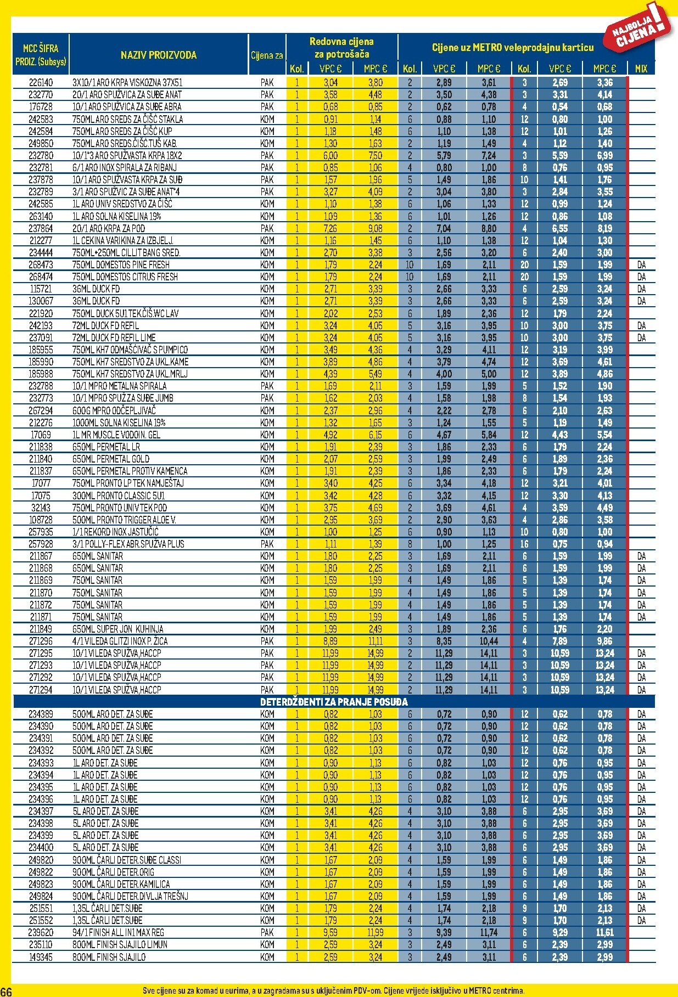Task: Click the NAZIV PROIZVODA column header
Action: coord(159,55)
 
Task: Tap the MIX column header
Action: coord(641,69)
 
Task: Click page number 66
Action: coord(6,990)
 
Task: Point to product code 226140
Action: coord(41,83)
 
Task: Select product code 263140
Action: coord(41,217)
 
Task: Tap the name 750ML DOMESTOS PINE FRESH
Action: coord(121,265)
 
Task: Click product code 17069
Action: coord(41,435)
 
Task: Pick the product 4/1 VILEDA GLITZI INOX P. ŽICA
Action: coord(120,641)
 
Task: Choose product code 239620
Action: coord(41,933)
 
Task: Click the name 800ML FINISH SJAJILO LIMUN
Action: coord(120,945)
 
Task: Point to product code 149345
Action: coord(41,957)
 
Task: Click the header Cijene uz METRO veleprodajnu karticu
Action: coord(512,48)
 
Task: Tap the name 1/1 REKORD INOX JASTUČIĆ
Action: coord(115,532)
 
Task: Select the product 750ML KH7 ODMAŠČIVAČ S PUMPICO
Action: coord(130,350)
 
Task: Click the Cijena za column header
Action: coord(267,55)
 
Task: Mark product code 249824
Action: coord(41,897)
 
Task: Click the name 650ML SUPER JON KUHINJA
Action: coord(117,629)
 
